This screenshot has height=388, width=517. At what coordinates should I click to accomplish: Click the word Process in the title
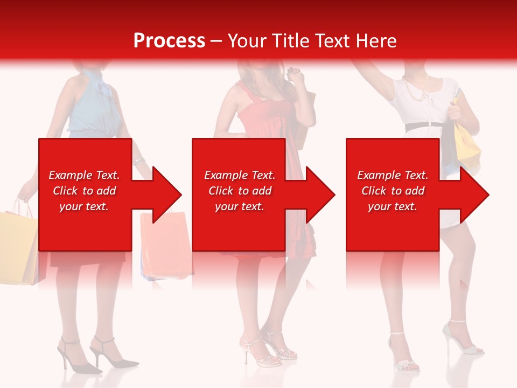click(x=169, y=40)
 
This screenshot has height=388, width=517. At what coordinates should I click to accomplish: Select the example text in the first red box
click(x=84, y=191)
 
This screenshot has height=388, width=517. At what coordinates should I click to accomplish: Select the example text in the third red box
click(x=393, y=191)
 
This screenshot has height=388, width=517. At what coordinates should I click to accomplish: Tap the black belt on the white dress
click(x=423, y=126)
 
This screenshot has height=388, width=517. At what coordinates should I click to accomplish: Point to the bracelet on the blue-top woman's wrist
click(x=138, y=161)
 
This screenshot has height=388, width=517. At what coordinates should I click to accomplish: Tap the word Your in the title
click(x=247, y=40)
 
